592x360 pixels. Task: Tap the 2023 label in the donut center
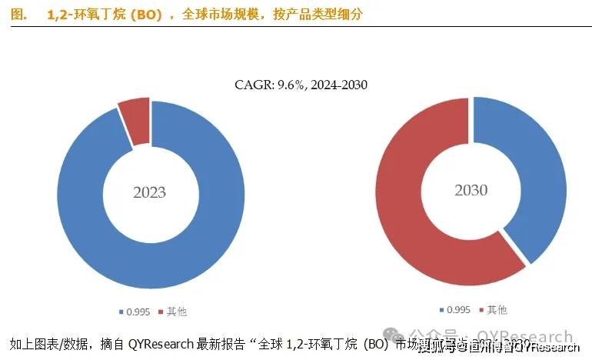tap(149, 192)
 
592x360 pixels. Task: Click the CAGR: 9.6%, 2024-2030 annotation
tap(301, 84)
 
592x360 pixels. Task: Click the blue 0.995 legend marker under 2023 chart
tap(121, 312)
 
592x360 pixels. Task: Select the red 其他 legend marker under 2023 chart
tap(161, 312)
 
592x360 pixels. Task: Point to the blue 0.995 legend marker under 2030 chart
tap(441, 310)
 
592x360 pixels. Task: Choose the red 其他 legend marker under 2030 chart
tap(481, 310)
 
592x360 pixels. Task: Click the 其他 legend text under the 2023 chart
tap(177, 312)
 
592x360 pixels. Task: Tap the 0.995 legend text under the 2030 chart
tap(459, 310)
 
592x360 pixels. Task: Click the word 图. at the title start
tap(19, 14)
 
